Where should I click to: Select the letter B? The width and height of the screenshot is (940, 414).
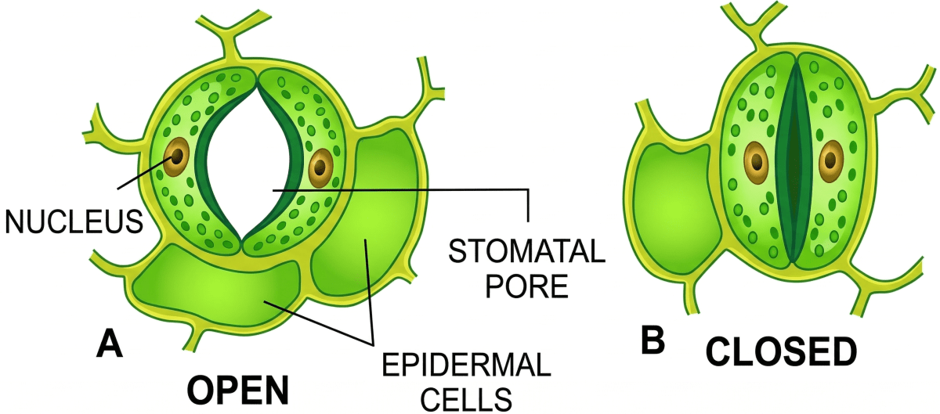(652, 340)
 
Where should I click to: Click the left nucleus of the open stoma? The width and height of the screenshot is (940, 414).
(176, 156)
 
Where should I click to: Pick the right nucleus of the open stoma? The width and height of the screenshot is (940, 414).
(321, 165)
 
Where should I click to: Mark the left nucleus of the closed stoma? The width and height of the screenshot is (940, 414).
(756, 160)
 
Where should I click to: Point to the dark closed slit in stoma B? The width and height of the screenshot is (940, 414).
(794, 160)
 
